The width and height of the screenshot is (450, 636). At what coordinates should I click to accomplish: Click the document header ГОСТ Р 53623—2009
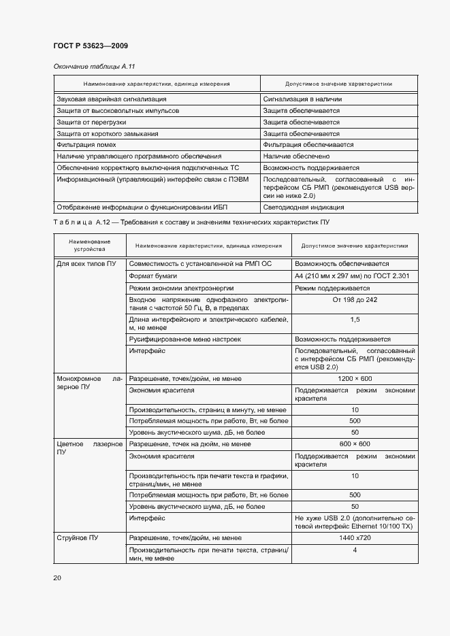pyautogui.click(x=90, y=46)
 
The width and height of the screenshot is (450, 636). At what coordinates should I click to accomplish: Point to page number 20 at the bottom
pyautogui.click(x=57, y=578)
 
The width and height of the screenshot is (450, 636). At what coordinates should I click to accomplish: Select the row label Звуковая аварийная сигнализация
pyautogui.click(x=108, y=99)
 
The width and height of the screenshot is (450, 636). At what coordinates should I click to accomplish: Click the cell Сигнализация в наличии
pyautogui.click(x=302, y=99)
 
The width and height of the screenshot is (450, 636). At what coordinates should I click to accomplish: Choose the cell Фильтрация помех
pyautogui.click(x=86, y=145)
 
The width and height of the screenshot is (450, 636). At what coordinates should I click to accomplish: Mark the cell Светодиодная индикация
pyautogui.click(x=303, y=207)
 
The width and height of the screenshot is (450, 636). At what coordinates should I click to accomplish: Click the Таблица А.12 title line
pyautogui.click(x=191, y=223)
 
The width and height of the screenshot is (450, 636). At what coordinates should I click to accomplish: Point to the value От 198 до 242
pyautogui.click(x=355, y=300)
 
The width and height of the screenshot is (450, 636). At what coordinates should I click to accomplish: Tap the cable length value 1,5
pyautogui.click(x=355, y=319)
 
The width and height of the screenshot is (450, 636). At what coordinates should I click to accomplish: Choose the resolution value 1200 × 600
pyautogui.click(x=355, y=378)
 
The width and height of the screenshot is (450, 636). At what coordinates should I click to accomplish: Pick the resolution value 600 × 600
pyautogui.click(x=355, y=443)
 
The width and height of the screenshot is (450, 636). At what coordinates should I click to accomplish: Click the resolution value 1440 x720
pyautogui.click(x=355, y=537)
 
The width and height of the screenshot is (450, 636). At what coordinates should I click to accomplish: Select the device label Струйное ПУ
pyautogui.click(x=77, y=537)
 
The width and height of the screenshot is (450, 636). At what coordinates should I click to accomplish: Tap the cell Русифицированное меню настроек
pyautogui.click(x=184, y=339)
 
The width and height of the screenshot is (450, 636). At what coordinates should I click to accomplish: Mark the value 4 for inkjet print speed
pyautogui.click(x=355, y=550)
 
